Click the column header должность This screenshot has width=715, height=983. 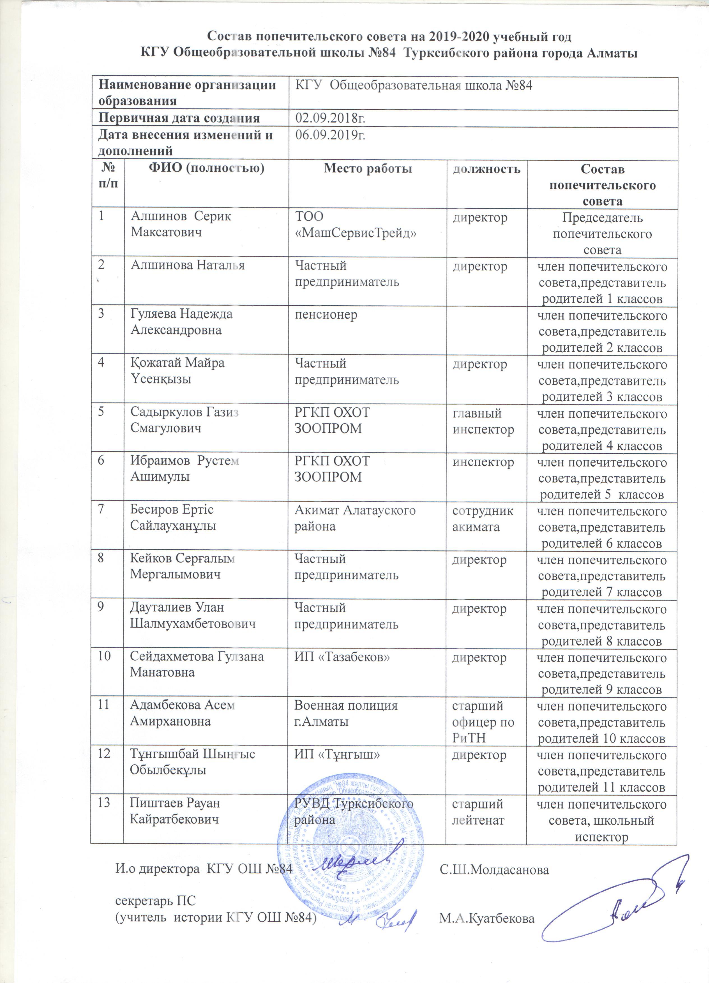point(487,169)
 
